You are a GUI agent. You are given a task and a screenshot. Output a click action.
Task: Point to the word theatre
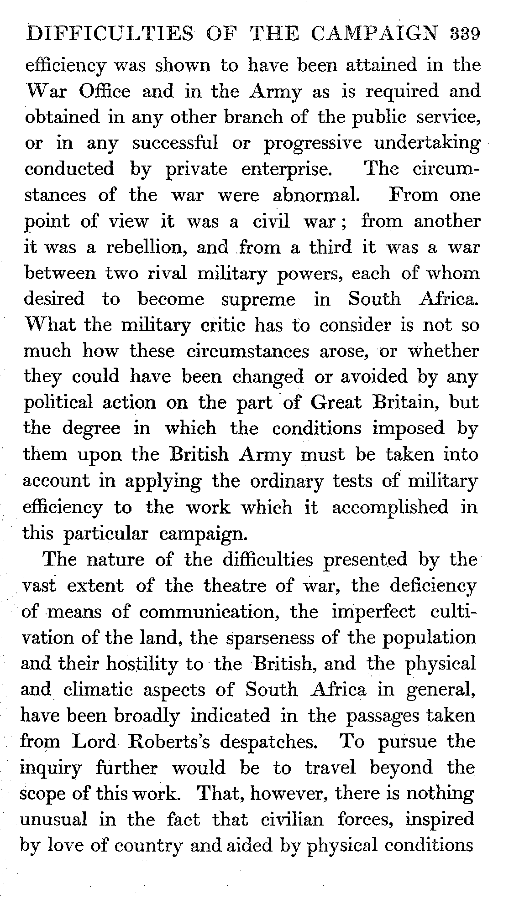(238, 586)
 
